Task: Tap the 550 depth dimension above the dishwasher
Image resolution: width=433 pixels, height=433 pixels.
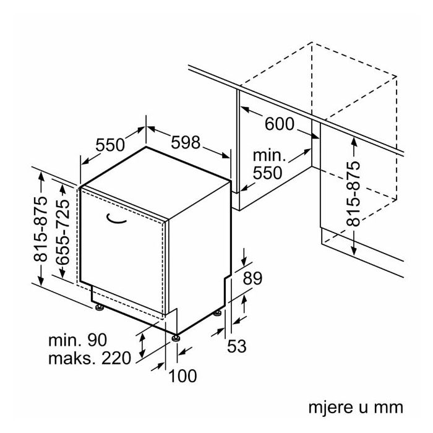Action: click(111, 145)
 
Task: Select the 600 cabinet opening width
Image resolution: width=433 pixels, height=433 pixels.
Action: click(279, 124)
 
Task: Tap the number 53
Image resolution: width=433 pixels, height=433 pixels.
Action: click(236, 346)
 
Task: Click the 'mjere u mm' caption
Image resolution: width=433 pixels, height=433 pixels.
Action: click(355, 408)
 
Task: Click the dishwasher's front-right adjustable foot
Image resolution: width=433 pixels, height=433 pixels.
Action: click(176, 338)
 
